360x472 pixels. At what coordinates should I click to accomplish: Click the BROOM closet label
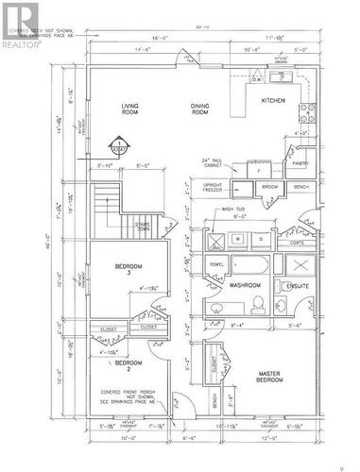pos(270,187)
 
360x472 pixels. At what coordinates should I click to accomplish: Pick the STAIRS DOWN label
pos(144,228)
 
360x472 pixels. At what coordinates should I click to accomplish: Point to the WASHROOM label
pos(244,284)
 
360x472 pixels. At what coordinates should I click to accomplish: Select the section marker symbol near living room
pos(119,146)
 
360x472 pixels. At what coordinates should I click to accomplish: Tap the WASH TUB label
pos(233,211)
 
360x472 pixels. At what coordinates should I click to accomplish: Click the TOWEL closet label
pos(216,264)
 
